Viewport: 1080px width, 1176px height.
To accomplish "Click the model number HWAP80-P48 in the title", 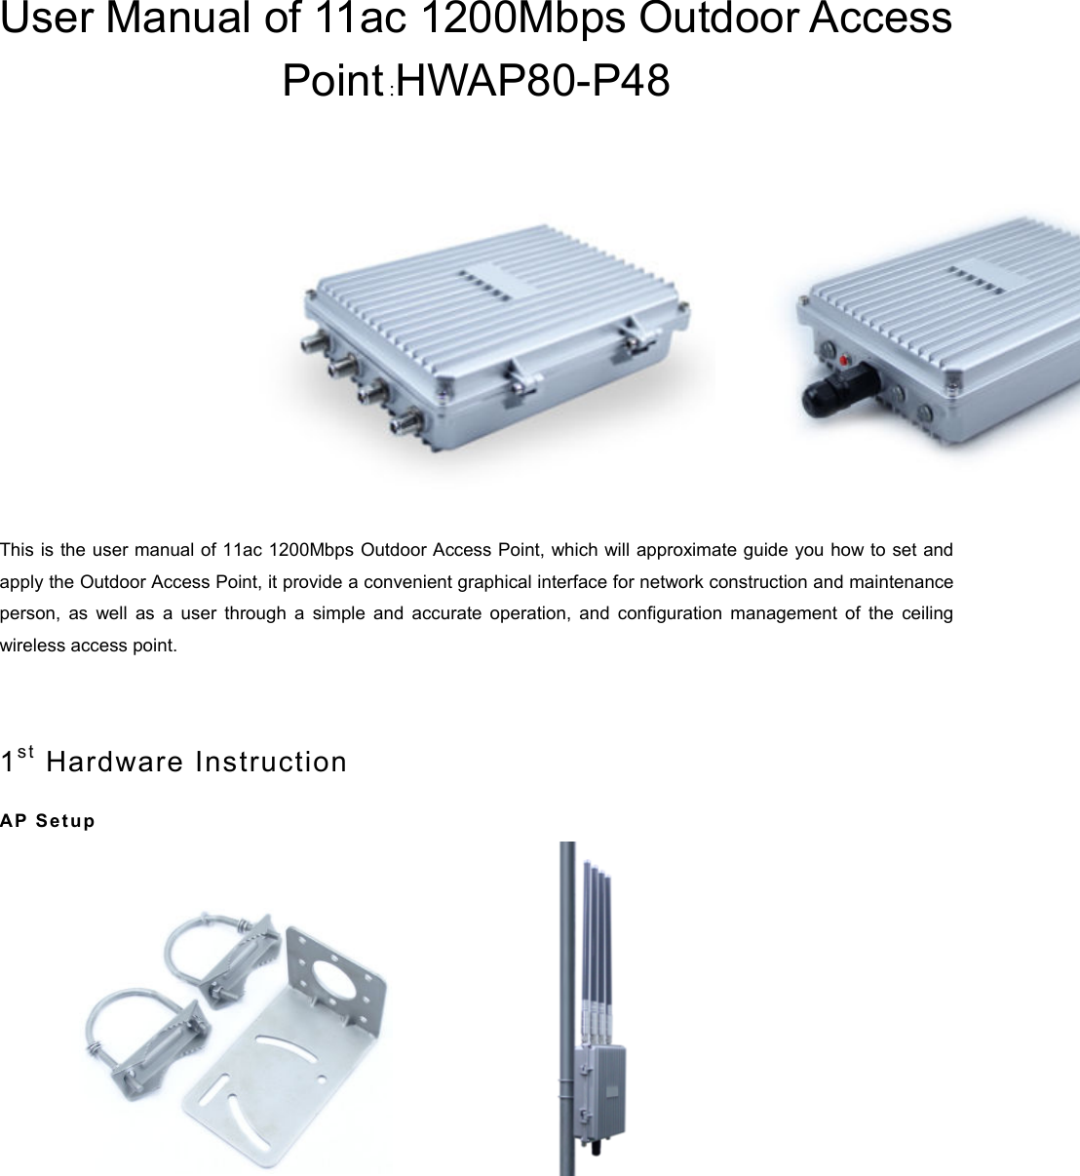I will [x=534, y=82].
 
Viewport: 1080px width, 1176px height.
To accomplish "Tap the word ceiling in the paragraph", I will [x=927, y=613].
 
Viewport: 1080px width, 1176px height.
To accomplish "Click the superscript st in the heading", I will [x=26, y=752].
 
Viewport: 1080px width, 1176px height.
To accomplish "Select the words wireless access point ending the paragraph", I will [x=89, y=646].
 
